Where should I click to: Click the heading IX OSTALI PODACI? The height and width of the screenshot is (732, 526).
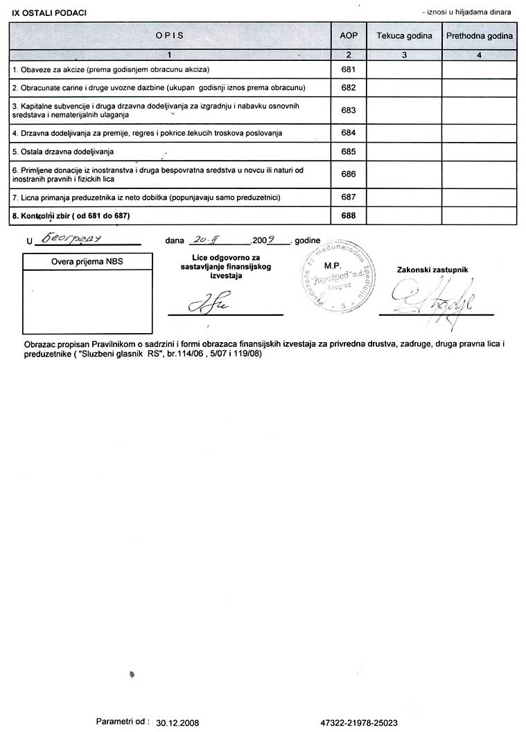pyautogui.click(x=49, y=13)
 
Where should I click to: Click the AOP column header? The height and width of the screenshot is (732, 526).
pyautogui.click(x=349, y=35)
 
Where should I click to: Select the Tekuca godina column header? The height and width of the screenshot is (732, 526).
pyautogui.click(x=404, y=35)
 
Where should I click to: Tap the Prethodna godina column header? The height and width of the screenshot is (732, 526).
pyautogui.click(x=480, y=35)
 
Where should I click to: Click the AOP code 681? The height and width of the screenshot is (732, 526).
pyautogui.click(x=349, y=70)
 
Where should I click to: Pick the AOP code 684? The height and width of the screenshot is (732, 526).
pyautogui.click(x=349, y=132)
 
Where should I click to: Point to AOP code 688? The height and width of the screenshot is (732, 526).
pyautogui.click(x=349, y=216)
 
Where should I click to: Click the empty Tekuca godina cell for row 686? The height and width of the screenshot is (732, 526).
pyautogui.click(x=404, y=175)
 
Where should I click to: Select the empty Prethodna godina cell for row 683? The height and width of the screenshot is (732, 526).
pyautogui.click(x=480, y=110)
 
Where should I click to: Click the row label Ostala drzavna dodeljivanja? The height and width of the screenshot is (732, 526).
pyautogui.click(x=63, y=151)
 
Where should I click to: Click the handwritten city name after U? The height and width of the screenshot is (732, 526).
pyautogui.click(x=72, y=238)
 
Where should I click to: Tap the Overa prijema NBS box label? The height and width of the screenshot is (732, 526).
pyautogui.click(x=87, y=261)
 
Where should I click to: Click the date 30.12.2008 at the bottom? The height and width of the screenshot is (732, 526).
pyautogui.click(x=178, y=722)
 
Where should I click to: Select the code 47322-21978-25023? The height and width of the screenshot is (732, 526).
pyautogui.click(x=359, y=722)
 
